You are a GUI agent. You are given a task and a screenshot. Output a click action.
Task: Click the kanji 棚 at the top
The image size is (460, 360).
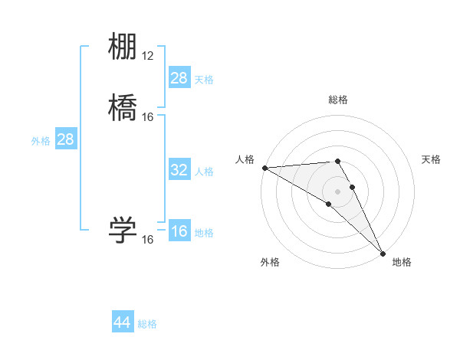click(x=123, y=47)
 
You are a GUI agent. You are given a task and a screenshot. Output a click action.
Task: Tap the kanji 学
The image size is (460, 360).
click(x=123, y=231)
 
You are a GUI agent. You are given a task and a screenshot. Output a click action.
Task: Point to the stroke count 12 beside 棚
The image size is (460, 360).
click(x=148, y=56)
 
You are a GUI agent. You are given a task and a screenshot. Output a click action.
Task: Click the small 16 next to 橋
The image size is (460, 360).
click(x=148, y=117)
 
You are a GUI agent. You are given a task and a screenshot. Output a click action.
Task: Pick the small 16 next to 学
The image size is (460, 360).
click(x=148, y=240)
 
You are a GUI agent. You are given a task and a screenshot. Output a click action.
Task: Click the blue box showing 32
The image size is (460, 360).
click(x=179, y=170)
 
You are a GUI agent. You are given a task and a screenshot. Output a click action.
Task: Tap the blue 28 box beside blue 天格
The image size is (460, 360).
click(x=179, y=78)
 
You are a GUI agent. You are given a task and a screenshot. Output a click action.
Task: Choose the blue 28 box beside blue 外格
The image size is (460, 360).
click(x=65, y=139)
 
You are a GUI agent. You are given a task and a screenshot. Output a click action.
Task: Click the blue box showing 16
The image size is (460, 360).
click(x=179, y=232)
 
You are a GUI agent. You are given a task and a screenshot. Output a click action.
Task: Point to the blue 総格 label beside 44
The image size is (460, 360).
click(x=147, y=324)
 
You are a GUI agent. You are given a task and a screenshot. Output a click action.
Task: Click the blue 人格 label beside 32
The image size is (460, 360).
click(x=204, y=171)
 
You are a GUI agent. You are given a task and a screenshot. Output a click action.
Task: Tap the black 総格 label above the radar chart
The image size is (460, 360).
click(x=337, y=100)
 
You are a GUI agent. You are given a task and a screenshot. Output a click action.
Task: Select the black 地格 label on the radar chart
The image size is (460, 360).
click(x=402, y=262)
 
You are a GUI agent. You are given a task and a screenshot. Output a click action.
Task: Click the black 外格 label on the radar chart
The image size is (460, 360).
click(x=270, y=262)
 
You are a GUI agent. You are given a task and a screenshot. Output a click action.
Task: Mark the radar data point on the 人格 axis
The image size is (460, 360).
click(x=264, y=168)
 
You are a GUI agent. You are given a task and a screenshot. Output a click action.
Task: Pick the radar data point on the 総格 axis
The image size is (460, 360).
click(x=337, y=161)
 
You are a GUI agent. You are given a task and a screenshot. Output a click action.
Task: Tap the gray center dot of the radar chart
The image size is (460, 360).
click(x=337, y=191)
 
